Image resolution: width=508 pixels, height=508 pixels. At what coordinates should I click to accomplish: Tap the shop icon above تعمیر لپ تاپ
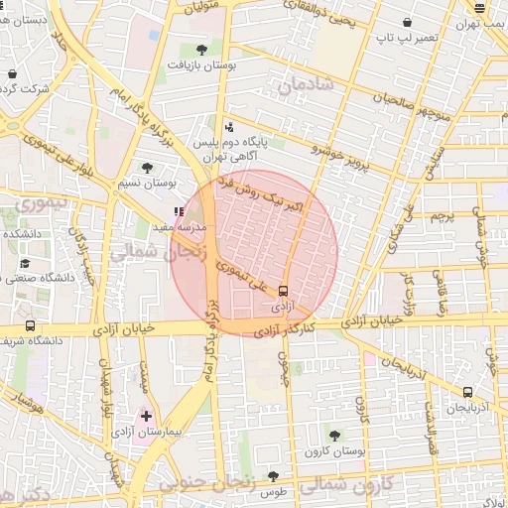408,23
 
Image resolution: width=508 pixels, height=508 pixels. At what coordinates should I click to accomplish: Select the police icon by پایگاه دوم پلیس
230,126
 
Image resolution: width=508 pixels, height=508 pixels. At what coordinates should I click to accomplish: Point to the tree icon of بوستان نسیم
148,168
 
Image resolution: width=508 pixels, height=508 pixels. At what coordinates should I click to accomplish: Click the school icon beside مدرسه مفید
179,211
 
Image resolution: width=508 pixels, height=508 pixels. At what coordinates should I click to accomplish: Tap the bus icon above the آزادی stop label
284,292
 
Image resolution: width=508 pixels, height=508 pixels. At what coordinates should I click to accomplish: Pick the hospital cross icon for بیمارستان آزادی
147,416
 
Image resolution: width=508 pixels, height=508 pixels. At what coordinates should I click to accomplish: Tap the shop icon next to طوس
272,475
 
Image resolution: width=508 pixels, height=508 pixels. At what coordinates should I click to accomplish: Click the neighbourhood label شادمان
309,86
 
